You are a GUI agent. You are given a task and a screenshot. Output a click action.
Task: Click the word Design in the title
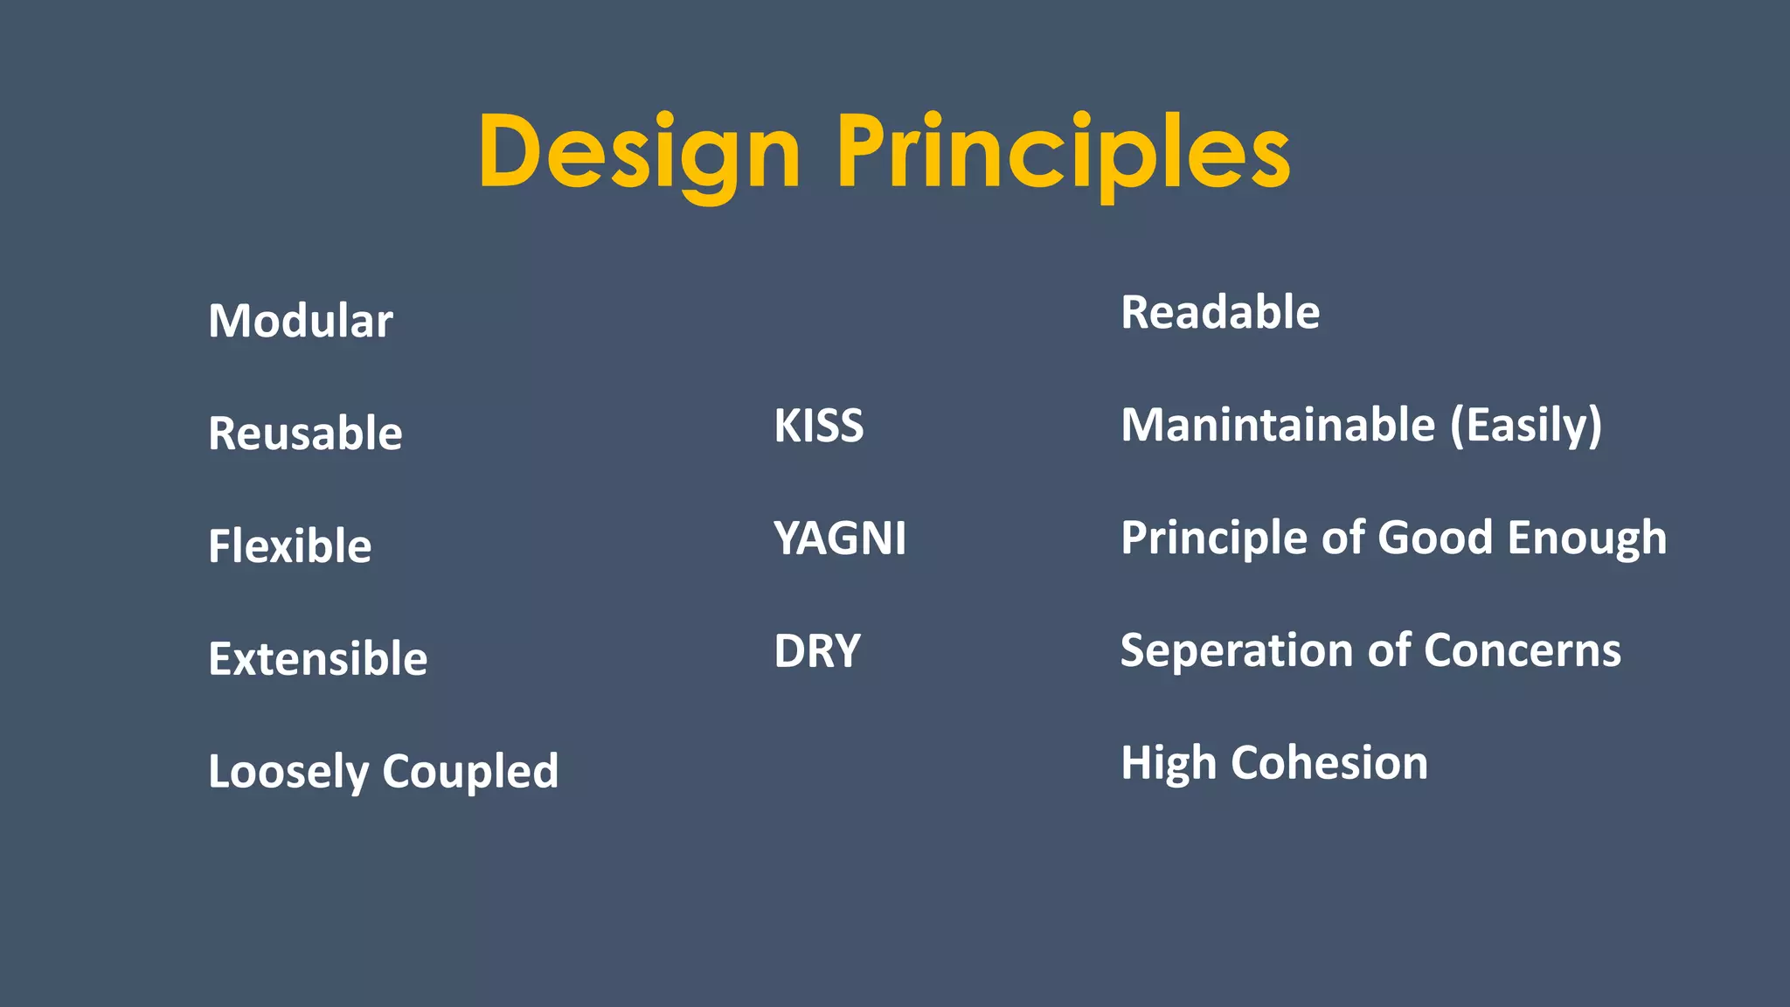point(639,152)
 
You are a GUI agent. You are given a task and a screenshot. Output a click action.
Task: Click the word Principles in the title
point(1063,152)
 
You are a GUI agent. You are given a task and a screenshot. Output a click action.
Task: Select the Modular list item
point(301,321)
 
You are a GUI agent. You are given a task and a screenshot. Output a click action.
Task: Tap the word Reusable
point(305,434)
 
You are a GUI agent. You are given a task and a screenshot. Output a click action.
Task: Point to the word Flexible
point(289,546)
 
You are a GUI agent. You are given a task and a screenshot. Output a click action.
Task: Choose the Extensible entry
point(317,659)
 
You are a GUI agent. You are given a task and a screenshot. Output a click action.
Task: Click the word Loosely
point(288,772)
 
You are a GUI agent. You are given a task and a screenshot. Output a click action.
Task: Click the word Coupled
point(470,772)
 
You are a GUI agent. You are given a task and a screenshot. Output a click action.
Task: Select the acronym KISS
point(818,426)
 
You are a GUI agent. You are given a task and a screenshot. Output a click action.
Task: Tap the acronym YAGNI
point(839,538)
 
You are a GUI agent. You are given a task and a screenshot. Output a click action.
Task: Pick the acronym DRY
point(817,651)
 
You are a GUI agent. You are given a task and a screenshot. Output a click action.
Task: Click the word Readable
point(1220,313)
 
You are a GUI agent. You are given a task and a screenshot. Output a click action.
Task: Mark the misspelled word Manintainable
point(1278,426)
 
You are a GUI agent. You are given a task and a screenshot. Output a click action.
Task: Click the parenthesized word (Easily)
point(1526,426)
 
